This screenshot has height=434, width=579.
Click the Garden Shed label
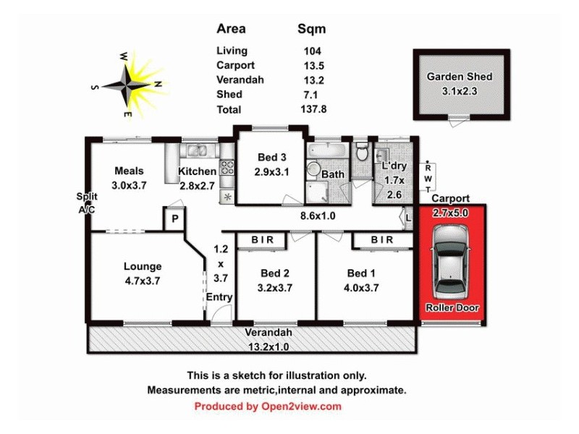click(459, 77)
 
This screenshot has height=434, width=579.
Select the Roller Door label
click(452, 308)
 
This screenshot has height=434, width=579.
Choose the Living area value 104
click(312, 51)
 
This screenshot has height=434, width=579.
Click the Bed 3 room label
click(271, 158)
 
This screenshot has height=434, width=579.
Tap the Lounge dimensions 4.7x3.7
click(142, 280)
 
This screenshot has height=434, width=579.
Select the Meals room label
click(129, 171)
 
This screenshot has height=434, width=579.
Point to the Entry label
click(219, 297)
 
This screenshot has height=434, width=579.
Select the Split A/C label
click(87, 203)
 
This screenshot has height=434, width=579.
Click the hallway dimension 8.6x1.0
click(317, 215)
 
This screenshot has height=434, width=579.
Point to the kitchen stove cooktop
click(227, 168)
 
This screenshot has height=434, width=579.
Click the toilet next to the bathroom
click(362, 153)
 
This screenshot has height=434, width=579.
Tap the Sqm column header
click(312, 30)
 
